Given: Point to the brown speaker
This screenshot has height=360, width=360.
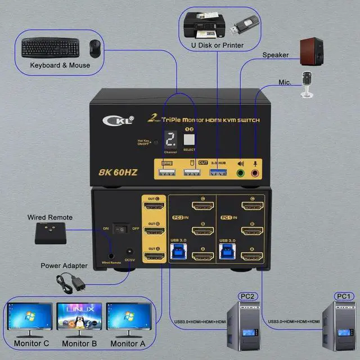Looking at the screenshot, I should (x=310, y=51).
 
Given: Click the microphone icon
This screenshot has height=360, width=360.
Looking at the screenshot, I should (x=307, y=84).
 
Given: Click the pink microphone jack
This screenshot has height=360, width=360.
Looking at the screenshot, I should (x=256, y=173).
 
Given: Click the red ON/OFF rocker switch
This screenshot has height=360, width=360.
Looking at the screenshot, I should (x=119, y=229).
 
